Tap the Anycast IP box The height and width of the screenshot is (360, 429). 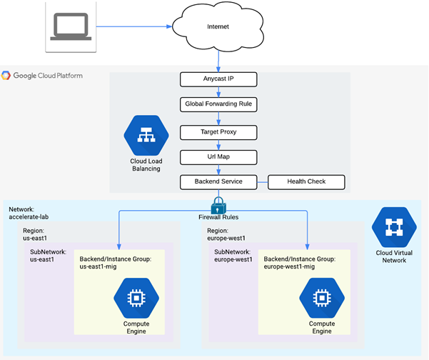[x=218, y=78]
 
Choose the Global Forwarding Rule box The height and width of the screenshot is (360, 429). [x=218, y=104]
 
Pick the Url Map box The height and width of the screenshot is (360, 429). [x=218, y=156]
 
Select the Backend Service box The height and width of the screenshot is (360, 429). [x=218, y=181]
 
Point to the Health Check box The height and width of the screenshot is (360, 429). [x=306, y=181]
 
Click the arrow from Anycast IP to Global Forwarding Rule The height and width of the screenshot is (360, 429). [x=218, y=91]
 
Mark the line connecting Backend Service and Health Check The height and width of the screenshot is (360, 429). [x=263, y=181]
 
